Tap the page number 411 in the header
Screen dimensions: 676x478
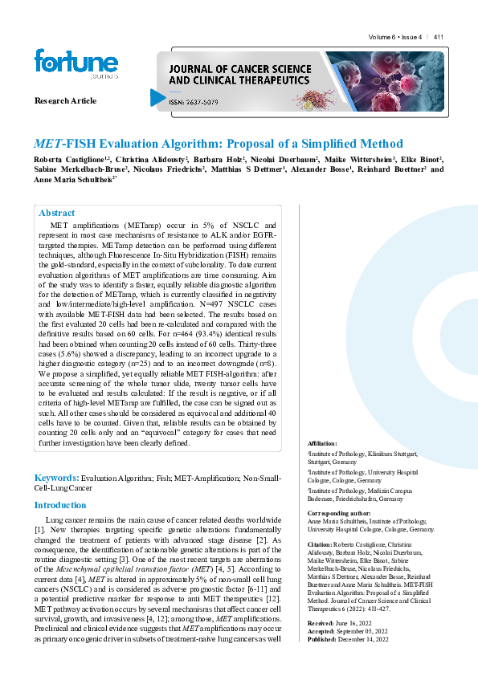click(439, 37)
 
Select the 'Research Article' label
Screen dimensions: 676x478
click(65, 101)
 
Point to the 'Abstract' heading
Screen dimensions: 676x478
click(56, 213)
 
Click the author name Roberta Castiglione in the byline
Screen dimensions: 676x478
click(69, 160)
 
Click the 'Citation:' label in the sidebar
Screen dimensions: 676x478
click(321, 544)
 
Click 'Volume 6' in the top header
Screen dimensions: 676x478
click(382, 37)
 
